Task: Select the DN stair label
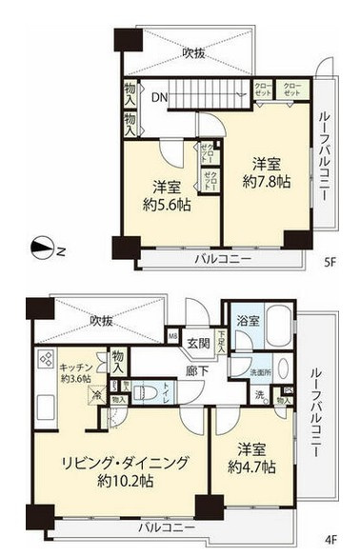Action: point(158,96)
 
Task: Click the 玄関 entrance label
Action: point(198,343)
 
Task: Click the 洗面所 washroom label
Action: point(260,370)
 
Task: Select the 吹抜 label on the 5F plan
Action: point(195,53)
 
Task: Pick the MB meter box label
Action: point(174,335)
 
